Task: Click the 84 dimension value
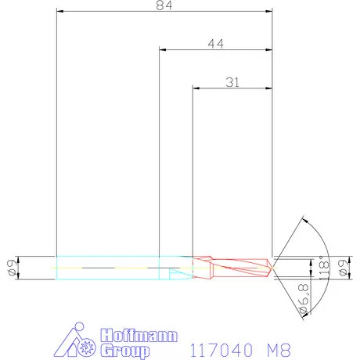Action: click(164, 6)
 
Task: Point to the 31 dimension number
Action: click(232, 81)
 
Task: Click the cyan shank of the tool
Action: click(110, 268)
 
